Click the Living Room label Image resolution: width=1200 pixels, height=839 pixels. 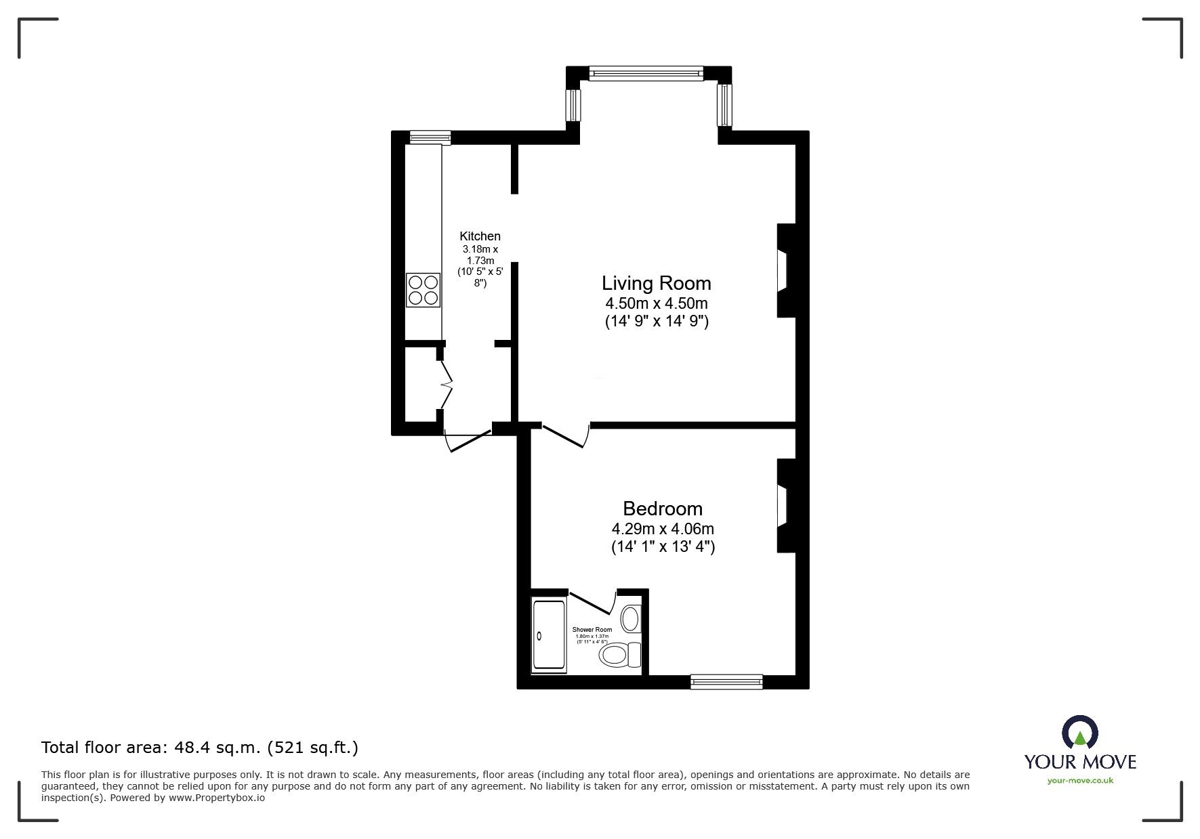[657, 283]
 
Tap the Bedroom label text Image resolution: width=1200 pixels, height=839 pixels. [663, 509]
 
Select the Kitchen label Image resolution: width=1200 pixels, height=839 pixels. [480, 236]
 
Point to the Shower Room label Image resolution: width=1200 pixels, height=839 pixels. [592, 630]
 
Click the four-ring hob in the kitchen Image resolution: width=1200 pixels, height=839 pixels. [423, 290]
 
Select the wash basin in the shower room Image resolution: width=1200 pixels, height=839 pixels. [631, 619]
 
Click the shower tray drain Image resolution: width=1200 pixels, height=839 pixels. [540, 636]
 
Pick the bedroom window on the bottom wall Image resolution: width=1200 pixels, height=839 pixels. [726, 682]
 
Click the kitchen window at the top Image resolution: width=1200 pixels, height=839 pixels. [430, 137]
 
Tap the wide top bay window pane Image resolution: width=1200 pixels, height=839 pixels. [646, 73]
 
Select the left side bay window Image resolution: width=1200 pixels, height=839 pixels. [573, 105]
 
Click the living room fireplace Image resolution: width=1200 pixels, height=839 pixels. [784, 270]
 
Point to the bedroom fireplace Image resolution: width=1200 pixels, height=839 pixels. [784, 506]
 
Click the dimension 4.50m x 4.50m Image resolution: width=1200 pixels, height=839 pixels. [657, 303]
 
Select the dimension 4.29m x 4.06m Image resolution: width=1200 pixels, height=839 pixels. [663, 528]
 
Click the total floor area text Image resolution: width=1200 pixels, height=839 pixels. [200, 748]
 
